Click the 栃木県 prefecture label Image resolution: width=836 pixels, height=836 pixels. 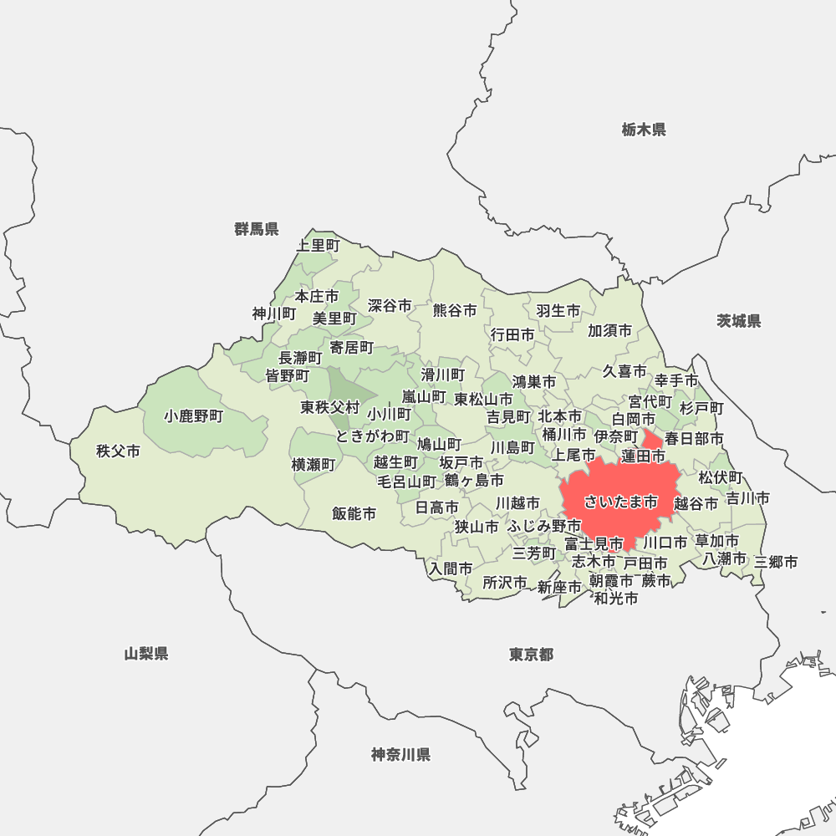(x=643, y=130)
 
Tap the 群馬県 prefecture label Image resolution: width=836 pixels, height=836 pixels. (x=257, y=229)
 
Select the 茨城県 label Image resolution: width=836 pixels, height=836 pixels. (x=739, y=321)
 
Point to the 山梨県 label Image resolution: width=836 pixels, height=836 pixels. (x=146, y=654)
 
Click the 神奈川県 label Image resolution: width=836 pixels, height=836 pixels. (x=400, y=755)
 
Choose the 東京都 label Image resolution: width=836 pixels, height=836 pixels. (x=531, y=655)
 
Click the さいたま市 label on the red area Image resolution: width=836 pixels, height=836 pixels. (x=620, y=502)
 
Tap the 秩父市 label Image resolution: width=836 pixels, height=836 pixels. (x=118, y=451)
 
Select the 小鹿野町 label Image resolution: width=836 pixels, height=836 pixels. (x=194, y=415)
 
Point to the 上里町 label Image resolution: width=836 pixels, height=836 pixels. (x=319, y=245)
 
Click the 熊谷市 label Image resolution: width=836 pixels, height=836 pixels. (x=455, y=310)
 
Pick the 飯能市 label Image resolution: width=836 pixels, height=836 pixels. (x=354, y=513)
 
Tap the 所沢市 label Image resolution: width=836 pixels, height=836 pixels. (x=505, y=582)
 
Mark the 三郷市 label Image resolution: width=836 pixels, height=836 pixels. (x=776, y=562)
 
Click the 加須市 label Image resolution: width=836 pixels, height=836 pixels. (x=609, y=331)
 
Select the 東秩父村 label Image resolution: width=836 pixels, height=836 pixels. (x=330, y=408)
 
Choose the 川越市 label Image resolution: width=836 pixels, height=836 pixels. (x=517, y=503)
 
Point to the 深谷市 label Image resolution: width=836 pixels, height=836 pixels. (x=390, y=306)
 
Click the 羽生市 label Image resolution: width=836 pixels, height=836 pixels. (x=558, y=311)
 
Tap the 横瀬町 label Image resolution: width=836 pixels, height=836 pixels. (x=313, y=464)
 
